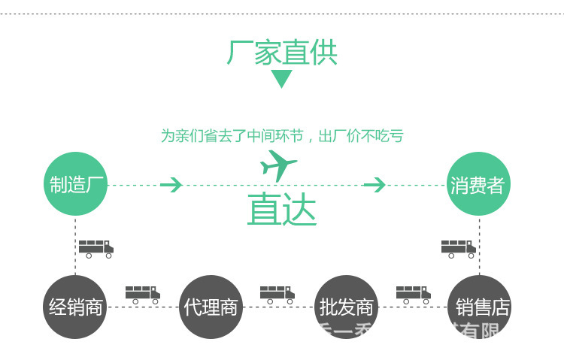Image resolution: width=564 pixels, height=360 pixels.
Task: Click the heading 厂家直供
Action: click(x=282, y=53)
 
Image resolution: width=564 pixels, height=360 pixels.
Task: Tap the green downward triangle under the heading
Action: click(x=281, y=77)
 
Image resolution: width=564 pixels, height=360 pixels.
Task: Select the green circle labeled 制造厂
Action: click(x=75, y=184)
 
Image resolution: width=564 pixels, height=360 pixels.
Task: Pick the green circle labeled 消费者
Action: click(x=478, y=184)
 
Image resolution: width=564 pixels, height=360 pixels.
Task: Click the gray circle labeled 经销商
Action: click(x=75, y=307)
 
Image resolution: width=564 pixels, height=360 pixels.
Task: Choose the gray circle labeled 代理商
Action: click(x=211, y=307)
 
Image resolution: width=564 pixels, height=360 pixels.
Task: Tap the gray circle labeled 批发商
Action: click(x=346, y=307)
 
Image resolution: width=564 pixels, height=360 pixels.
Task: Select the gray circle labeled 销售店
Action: click(x=479, y=307)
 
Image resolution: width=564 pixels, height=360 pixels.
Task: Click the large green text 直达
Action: click(x=282, y=211)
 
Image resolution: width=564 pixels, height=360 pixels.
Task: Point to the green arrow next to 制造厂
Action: click(x=171, y=184)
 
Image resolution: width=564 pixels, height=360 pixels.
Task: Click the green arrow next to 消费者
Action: click(x=374, y=184)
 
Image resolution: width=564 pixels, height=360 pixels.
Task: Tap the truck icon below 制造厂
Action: click(x=96, y=249)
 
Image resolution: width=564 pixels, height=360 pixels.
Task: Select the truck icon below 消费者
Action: click(x=458, y=249)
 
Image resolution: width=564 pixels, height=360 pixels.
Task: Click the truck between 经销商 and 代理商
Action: click(x=143, y=294)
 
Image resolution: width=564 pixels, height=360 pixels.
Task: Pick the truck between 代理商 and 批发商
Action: click(x=277, y=294)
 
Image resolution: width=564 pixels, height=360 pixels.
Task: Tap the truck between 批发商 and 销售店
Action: click(x=413, y=294)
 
